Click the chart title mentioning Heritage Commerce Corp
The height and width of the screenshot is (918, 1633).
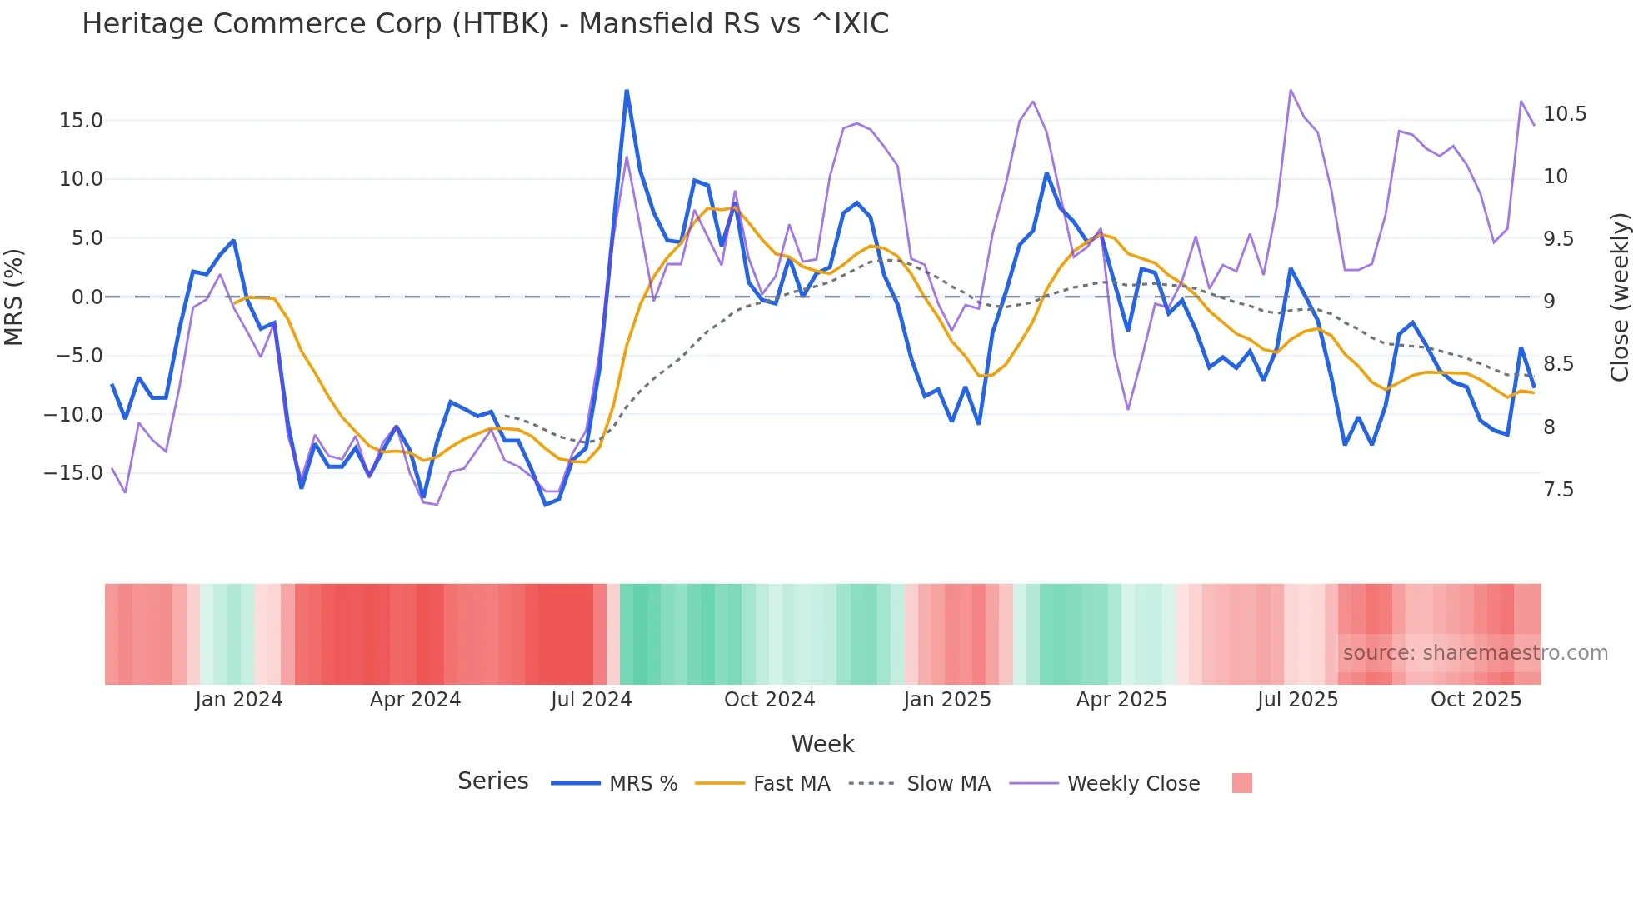[x=485, y=24]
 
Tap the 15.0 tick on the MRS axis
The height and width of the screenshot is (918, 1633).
[x=81, y=121]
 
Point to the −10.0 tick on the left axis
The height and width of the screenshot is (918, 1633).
[x=73, y=414]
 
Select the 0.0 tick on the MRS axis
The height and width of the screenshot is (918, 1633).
[x=87, y=297]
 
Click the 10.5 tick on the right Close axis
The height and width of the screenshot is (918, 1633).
[x=1564, y=114]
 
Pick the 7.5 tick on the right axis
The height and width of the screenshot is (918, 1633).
[x=1558, y=490]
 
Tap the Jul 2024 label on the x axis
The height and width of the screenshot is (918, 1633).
[x=591, y=700]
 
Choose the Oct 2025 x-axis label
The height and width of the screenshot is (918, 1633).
[x=1476, y=700]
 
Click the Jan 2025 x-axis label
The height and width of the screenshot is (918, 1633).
[x=947, y=700]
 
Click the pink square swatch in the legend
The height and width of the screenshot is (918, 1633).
[x=1241, y=783]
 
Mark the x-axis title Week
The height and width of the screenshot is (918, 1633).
[x=822, y=744]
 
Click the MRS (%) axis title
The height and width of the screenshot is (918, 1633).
[x=14, y=297]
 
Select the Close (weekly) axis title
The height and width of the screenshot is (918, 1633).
[x=1619, y=297]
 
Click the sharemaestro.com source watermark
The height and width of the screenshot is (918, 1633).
[x=1475, y=653]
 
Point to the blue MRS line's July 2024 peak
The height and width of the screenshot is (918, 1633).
[x=627, y=91]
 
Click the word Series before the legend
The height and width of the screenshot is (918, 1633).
[x=492, y=781]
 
